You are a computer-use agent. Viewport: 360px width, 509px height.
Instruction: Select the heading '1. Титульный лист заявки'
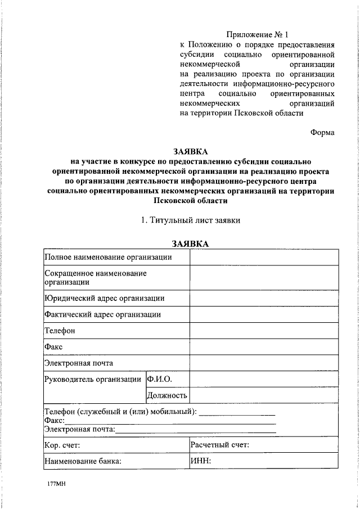coord(191,220)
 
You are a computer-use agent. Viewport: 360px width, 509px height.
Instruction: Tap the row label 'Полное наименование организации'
coord(108,257)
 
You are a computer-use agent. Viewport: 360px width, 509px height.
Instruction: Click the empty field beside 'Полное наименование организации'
coord(264,257)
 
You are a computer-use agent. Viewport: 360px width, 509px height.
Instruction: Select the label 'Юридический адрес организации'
coord(105,298)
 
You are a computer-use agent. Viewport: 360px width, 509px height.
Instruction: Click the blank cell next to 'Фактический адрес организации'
coord(264,314)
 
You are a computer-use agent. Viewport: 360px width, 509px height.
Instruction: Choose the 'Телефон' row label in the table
coord(60,331)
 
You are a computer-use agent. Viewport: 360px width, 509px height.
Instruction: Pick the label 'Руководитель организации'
coord(93,379)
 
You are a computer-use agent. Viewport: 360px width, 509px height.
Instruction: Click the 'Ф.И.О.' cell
coord(159,379)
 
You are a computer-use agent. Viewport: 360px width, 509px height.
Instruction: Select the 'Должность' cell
coord(167,395)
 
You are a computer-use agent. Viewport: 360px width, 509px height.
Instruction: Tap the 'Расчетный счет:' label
coord(220,445)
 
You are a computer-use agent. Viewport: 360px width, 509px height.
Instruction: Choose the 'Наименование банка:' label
coord(83,462)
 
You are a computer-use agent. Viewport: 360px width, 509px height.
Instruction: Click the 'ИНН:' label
coord(201,462)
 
